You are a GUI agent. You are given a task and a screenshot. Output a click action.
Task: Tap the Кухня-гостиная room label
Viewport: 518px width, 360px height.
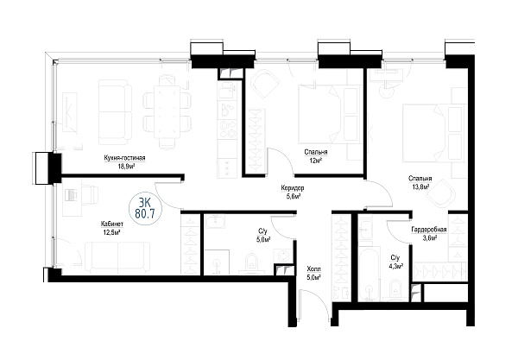tap(124, 158)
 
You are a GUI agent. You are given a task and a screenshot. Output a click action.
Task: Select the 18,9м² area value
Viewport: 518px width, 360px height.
tap(126, 166)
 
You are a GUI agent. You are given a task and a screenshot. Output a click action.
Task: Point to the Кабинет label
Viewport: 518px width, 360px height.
tap(112, 224)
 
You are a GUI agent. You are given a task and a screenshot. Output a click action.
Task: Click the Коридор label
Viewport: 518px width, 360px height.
tap(293, 188)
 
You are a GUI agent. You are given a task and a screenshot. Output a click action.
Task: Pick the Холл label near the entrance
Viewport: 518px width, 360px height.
tap(313, 268)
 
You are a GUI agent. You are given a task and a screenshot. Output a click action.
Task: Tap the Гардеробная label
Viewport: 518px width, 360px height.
tap(429, 230)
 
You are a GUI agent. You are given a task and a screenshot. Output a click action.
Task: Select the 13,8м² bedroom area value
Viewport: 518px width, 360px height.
tap(420, 186)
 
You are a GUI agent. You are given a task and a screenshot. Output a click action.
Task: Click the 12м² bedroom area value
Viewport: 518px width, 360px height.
tap(316, 161)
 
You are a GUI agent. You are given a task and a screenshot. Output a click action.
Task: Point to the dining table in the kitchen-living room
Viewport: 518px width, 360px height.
tap(167, 111)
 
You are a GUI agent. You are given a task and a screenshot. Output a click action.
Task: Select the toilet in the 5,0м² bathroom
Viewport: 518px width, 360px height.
tap(251, 262)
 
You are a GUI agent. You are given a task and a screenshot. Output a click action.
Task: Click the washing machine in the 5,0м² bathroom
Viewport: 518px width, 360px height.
tap(283, 256)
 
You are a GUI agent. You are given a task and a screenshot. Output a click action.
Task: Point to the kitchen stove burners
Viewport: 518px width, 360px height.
tap(227, 129)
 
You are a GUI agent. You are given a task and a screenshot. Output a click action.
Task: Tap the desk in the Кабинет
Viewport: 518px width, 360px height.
tap(73, 198)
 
